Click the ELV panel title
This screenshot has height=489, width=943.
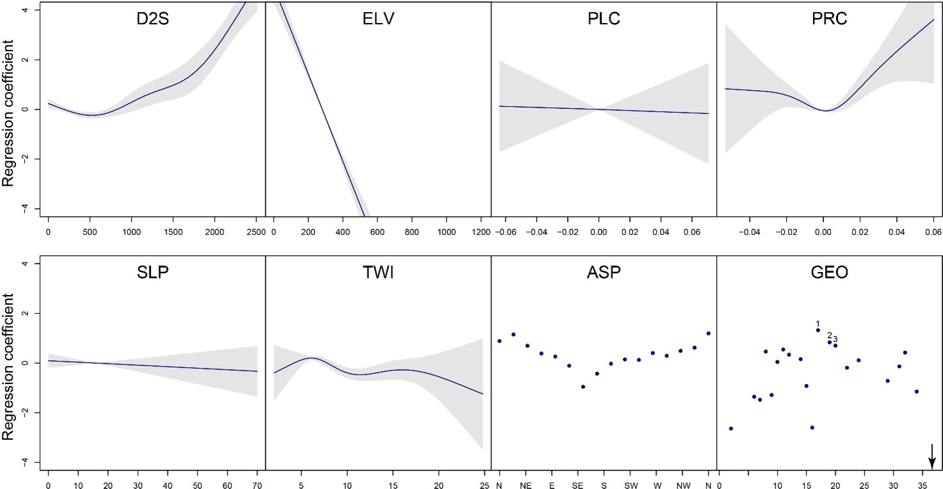[378, 19]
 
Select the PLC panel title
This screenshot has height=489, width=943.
[603, 19]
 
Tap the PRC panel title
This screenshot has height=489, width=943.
[830, 19]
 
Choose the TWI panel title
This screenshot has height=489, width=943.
[378, 273]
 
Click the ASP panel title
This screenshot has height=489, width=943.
[603, 273]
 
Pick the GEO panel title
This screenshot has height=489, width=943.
[830, 273]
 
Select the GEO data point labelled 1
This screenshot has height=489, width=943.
[818, 330]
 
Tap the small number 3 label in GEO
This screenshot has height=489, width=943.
[835, 339]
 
